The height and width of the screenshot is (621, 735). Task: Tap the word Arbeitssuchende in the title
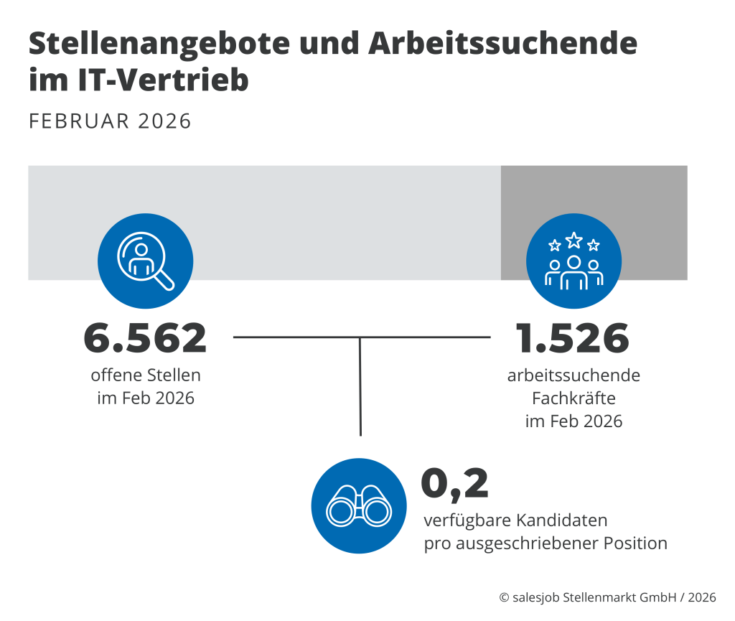click(x=502, y=45)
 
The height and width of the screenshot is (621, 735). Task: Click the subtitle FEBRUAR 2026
click(x=111, y=121)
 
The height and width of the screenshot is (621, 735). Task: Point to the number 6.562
click(x=145, y=339)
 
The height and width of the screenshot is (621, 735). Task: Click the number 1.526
click(x=572, y=339)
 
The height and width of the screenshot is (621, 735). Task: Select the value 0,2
click(x=454, y=483)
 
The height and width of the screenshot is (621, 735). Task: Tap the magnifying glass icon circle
click(x=145, y=261)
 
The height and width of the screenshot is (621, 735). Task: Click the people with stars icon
click(x=574, y=261)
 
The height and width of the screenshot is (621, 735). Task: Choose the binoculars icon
click(x=359, y=506)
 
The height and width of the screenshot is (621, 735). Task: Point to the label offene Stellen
click(x=146, y=375)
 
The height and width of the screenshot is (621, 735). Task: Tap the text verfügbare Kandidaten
click(x=515, y=520)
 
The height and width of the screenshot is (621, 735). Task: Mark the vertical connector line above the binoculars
click(x=360, y=388)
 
